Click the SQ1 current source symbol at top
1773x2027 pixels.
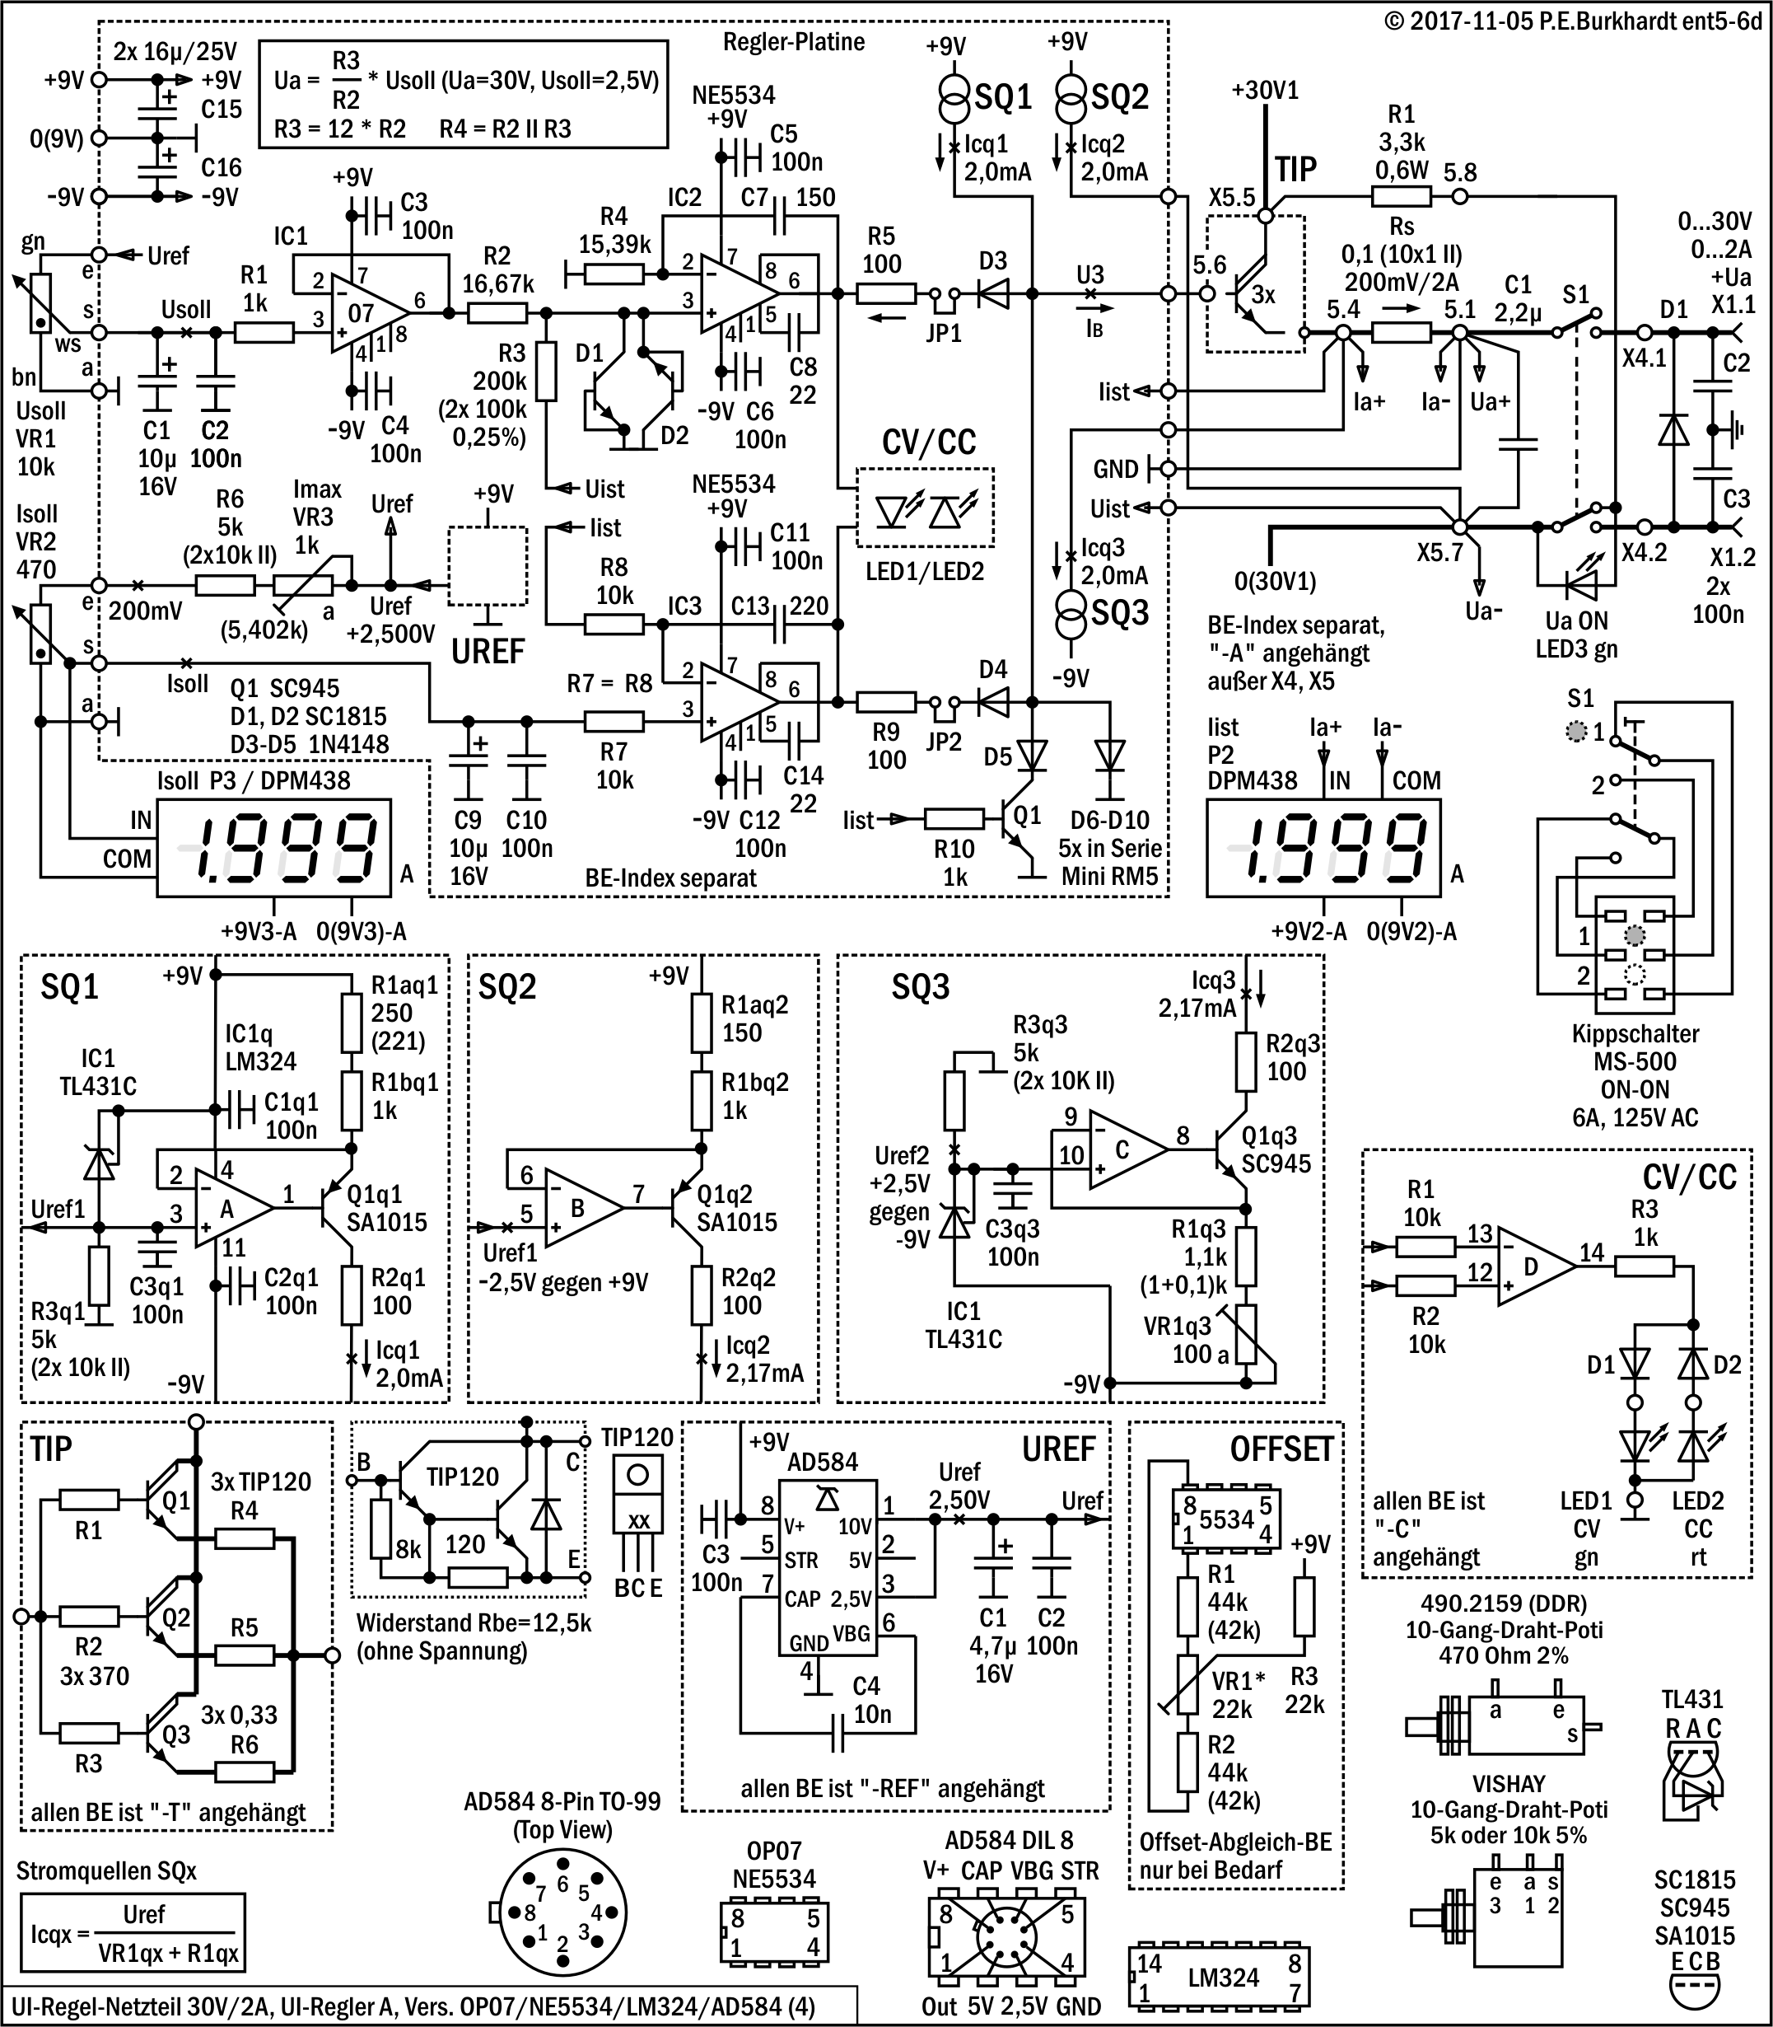[x=954, y=97]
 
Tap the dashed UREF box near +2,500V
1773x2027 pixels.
[x=487, y=565]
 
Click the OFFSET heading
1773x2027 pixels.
[x=1281, y=1450]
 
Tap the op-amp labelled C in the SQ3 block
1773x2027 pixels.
[x=1125, y=1150]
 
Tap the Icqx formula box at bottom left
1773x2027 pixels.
[x=133, y=1933]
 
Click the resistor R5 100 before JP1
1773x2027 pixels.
[x=885, y=293]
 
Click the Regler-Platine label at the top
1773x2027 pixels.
[x=794, y=41]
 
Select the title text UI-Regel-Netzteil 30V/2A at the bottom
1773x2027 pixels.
[x=143, y=2007]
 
